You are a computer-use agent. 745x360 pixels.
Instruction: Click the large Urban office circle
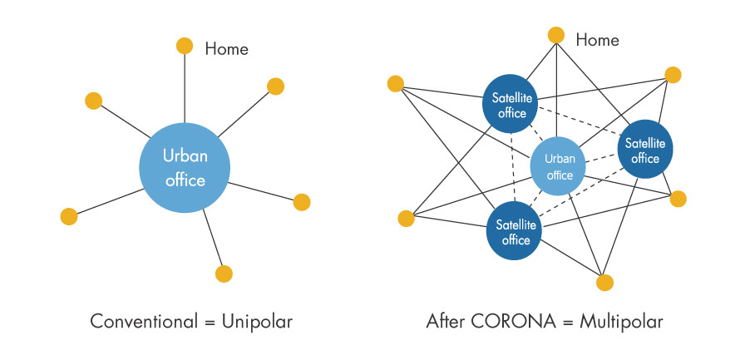click(185, 167)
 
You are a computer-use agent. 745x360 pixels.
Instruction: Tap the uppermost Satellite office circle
click(510, 105)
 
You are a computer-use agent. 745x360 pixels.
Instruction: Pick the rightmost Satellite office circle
click(644, 150)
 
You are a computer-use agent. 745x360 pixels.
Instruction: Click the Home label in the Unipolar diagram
click(226, 49)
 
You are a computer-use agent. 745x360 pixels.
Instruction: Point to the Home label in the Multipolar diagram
click(597, 39)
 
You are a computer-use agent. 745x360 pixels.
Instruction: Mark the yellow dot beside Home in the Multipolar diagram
click(556, 35)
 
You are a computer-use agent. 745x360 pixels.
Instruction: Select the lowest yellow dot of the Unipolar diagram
click(224, 273)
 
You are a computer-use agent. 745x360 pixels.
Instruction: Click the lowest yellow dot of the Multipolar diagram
click(604, 282)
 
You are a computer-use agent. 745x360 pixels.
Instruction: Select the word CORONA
click(506, 321)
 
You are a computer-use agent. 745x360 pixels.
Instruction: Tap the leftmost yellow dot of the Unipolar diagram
click(69, 217)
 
